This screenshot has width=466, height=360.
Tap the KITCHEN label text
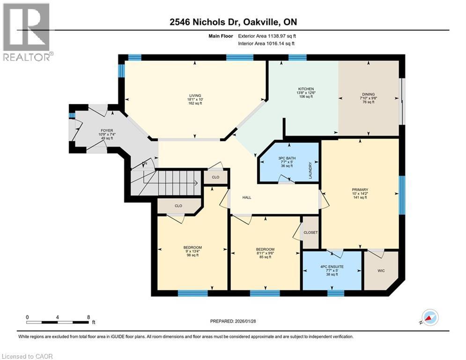[306, 89]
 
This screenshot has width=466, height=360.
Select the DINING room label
[368, 94]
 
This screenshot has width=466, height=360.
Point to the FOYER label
[107, 131]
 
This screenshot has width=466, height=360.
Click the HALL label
[246, 197]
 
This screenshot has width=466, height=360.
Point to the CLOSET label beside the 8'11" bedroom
[310, 232]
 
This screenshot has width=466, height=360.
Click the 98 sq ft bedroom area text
[192, 256]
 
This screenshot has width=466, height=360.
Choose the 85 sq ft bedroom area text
[265, 257]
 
